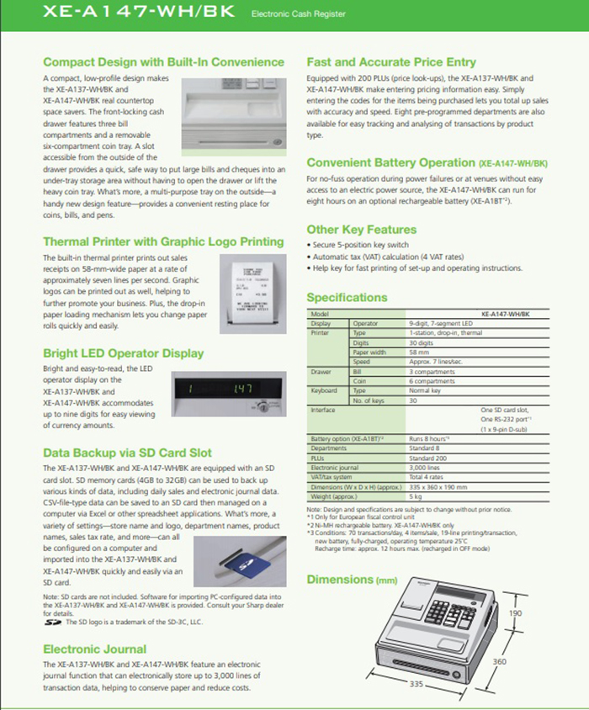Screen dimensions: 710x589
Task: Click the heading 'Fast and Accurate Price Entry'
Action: (x=390, y=62)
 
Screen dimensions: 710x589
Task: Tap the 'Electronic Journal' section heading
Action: (x=94, y=649)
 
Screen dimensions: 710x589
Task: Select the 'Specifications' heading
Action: (x=347, y=297)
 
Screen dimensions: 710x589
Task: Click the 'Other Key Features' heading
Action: (x=361, y=229)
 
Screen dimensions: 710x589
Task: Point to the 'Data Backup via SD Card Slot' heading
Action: (x=127, y=453)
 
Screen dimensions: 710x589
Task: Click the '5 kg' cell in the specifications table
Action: (x=417, y=496)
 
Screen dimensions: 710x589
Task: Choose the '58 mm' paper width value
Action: (x=419, y=352)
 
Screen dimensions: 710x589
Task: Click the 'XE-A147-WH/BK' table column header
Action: (x=505, y=314)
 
